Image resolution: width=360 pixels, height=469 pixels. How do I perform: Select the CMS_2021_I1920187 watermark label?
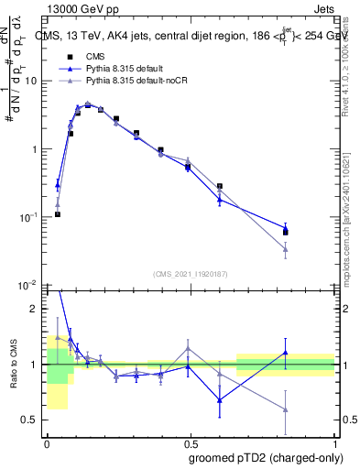191,274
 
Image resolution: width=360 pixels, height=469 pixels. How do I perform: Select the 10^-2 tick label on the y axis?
30,286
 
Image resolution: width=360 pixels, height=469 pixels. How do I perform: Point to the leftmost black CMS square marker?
57,214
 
